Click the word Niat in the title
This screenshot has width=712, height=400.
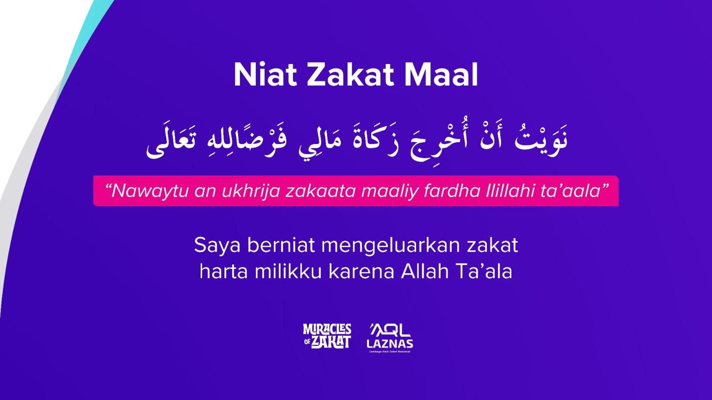click(265, 75)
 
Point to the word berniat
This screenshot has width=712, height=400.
click(281, 245)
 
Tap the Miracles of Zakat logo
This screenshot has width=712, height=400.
click(327, 336)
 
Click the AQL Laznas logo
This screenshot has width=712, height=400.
click(390, 338)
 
